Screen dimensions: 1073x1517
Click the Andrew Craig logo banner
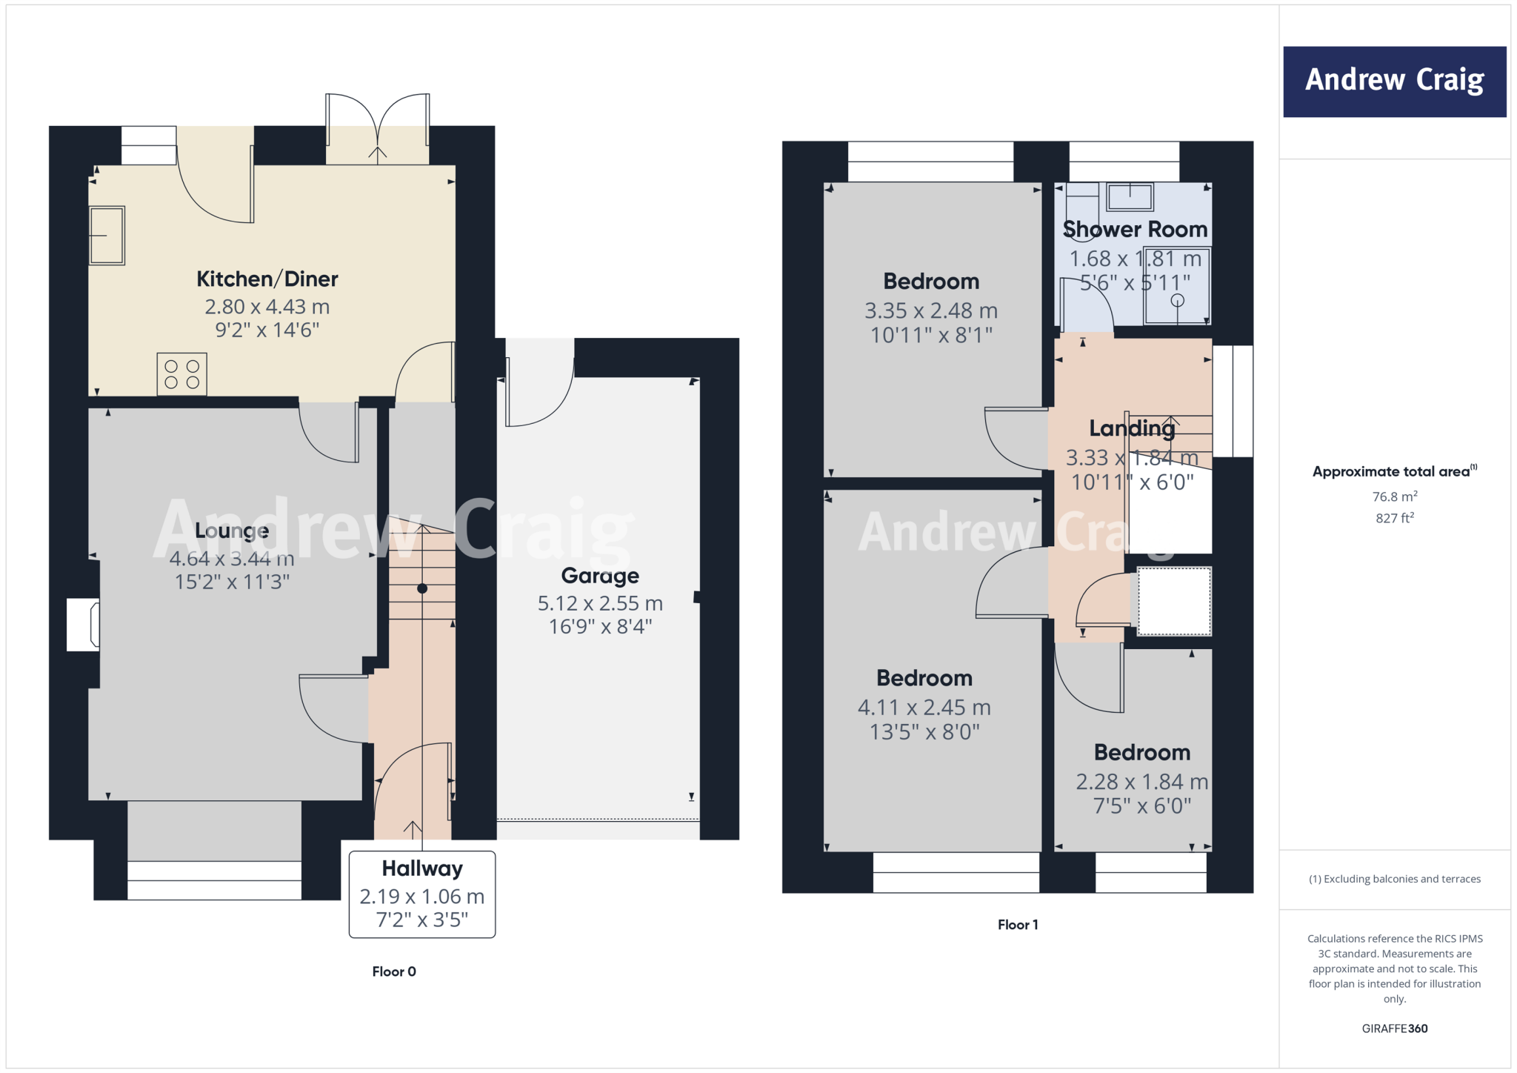[x=1394, y=81]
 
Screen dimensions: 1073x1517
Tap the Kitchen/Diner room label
[x=267, y=279]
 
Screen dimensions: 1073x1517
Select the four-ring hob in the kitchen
[x=181, y=374]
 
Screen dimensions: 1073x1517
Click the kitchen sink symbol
[x=107, y=236]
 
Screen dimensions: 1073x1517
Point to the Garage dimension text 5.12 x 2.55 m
[x=600, y=603]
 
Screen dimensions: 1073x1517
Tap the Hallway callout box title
[x=422, y=868]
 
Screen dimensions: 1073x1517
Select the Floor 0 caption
[x=394, y=971]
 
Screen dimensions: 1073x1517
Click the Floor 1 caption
[x=1018, y=925]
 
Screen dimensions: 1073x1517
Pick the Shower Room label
[x=1135, y=230]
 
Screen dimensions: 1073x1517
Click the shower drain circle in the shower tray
[x=1177, y=300]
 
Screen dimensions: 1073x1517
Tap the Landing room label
[x=1132, y=428]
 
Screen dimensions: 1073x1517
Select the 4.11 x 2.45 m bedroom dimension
[x=924, y=708]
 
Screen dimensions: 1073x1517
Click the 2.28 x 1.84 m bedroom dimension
[x=1141, y=782]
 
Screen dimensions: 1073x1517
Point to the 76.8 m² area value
[x=1395, y=496]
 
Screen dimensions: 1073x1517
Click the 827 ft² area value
[x=1395, y=518]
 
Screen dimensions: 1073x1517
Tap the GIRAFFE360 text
[x=1395, y=1029]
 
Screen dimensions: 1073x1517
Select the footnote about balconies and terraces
[x=1395, y=879]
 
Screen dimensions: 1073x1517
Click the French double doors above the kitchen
[x=378, y=130]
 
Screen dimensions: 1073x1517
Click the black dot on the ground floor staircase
[x=422, y=588]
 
